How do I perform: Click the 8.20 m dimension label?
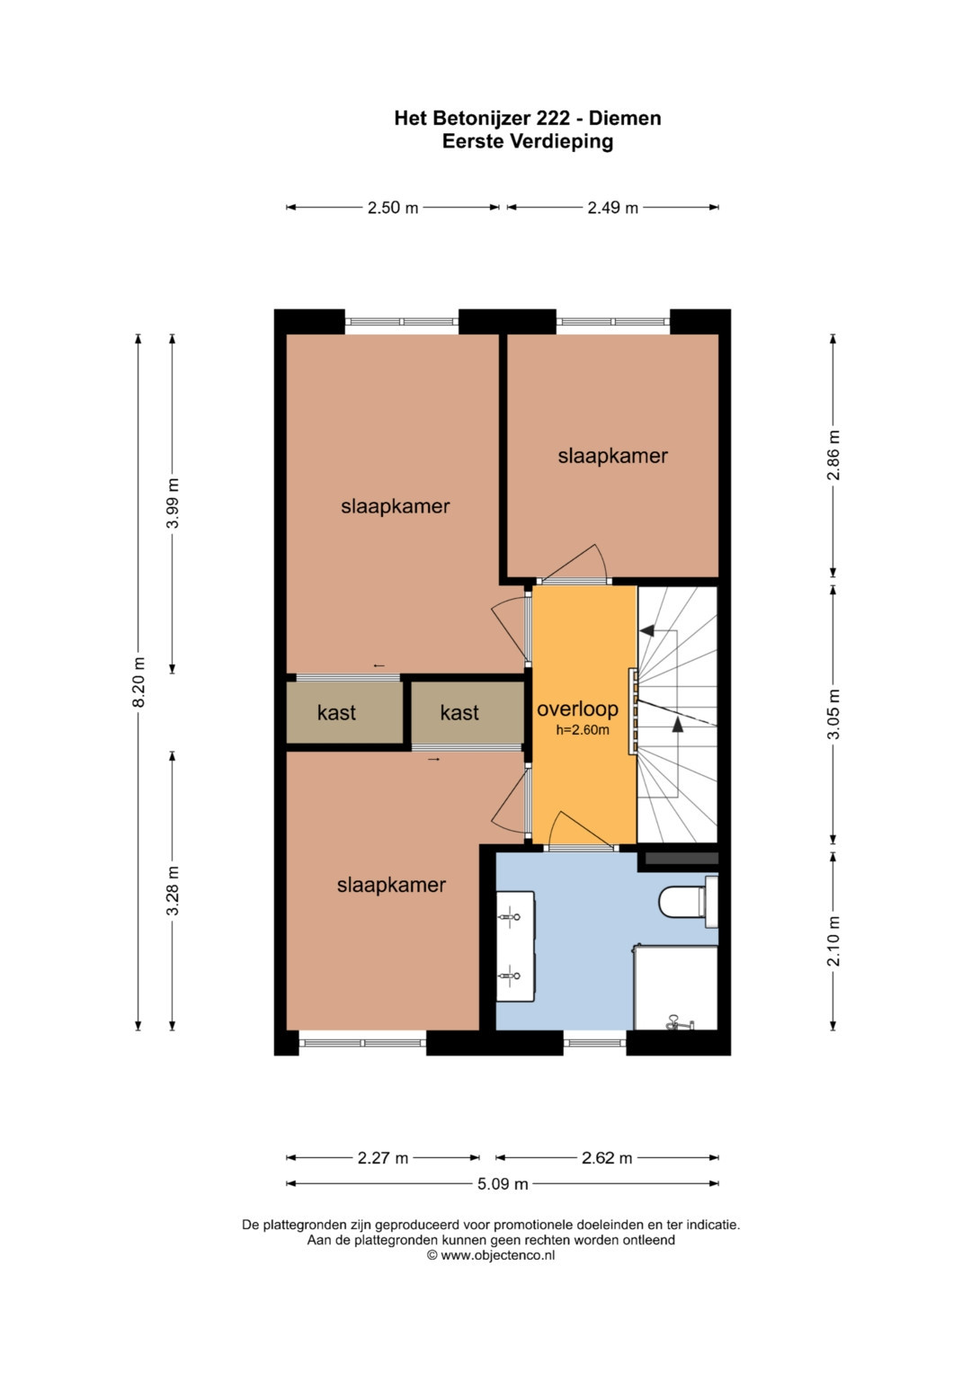139,682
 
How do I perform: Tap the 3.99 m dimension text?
174,503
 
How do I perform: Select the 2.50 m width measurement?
392,208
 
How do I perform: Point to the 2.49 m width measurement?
612,208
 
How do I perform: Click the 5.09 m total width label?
503,1183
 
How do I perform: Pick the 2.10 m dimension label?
833,941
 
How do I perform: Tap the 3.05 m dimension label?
833,714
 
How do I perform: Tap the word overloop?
577,709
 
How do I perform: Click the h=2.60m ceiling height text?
583,730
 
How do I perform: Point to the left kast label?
336,712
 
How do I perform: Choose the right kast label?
459,712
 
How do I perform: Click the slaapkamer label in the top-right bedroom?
612,456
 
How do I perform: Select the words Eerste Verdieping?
528,141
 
